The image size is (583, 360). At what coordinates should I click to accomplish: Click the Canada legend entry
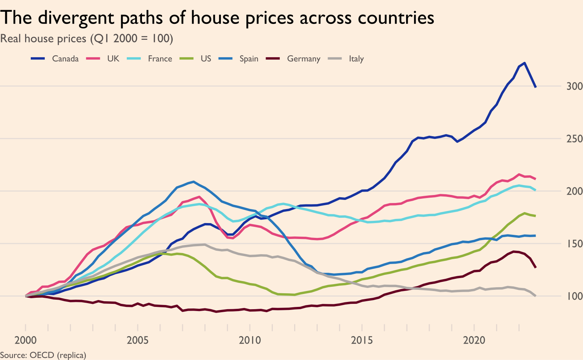coord(65,59)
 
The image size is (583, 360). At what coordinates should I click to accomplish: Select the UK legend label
coord(113,59)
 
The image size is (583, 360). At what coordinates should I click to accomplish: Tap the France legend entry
coord(160,59)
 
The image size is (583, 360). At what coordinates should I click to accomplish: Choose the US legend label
coord(206,59)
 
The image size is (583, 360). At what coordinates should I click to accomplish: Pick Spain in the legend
coord(249,59)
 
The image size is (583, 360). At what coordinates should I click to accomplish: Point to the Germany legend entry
coord(304,59)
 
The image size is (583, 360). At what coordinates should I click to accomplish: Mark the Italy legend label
coord(356,59)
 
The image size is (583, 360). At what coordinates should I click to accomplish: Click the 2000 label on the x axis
coord(26,340)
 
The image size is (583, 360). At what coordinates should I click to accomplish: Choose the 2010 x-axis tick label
coord(250,340)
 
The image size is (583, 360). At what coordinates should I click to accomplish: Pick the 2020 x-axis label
coord(474,340)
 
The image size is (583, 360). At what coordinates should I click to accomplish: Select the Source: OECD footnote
coord(43,355)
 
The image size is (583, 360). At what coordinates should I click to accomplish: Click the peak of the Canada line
coord(525,63)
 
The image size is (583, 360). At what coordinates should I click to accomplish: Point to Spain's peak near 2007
coord(194,182)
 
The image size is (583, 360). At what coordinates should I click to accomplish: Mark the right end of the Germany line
coord(535,267)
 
